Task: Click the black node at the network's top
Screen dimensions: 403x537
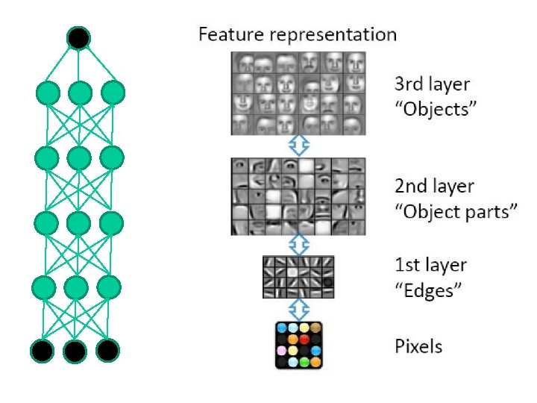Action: tap(79, 37)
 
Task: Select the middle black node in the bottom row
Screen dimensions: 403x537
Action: tap(75, 350)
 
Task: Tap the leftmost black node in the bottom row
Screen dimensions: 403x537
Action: tap(42, 350)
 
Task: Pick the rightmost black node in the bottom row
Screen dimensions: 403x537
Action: tap(107, 349)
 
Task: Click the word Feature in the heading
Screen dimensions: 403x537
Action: tap(228, 34)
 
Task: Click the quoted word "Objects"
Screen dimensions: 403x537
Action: tap(436, 110)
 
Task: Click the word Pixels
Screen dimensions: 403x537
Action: tap(418, 346)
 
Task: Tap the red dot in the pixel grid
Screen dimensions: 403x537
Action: tap(304, 340)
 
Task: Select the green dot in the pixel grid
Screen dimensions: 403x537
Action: tap(304, 362)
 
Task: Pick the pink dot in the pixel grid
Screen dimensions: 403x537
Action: tap(281, 350)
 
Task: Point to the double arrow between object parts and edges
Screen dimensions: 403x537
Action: tap(298, 243)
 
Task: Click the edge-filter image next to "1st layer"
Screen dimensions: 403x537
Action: tap(298, 277)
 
